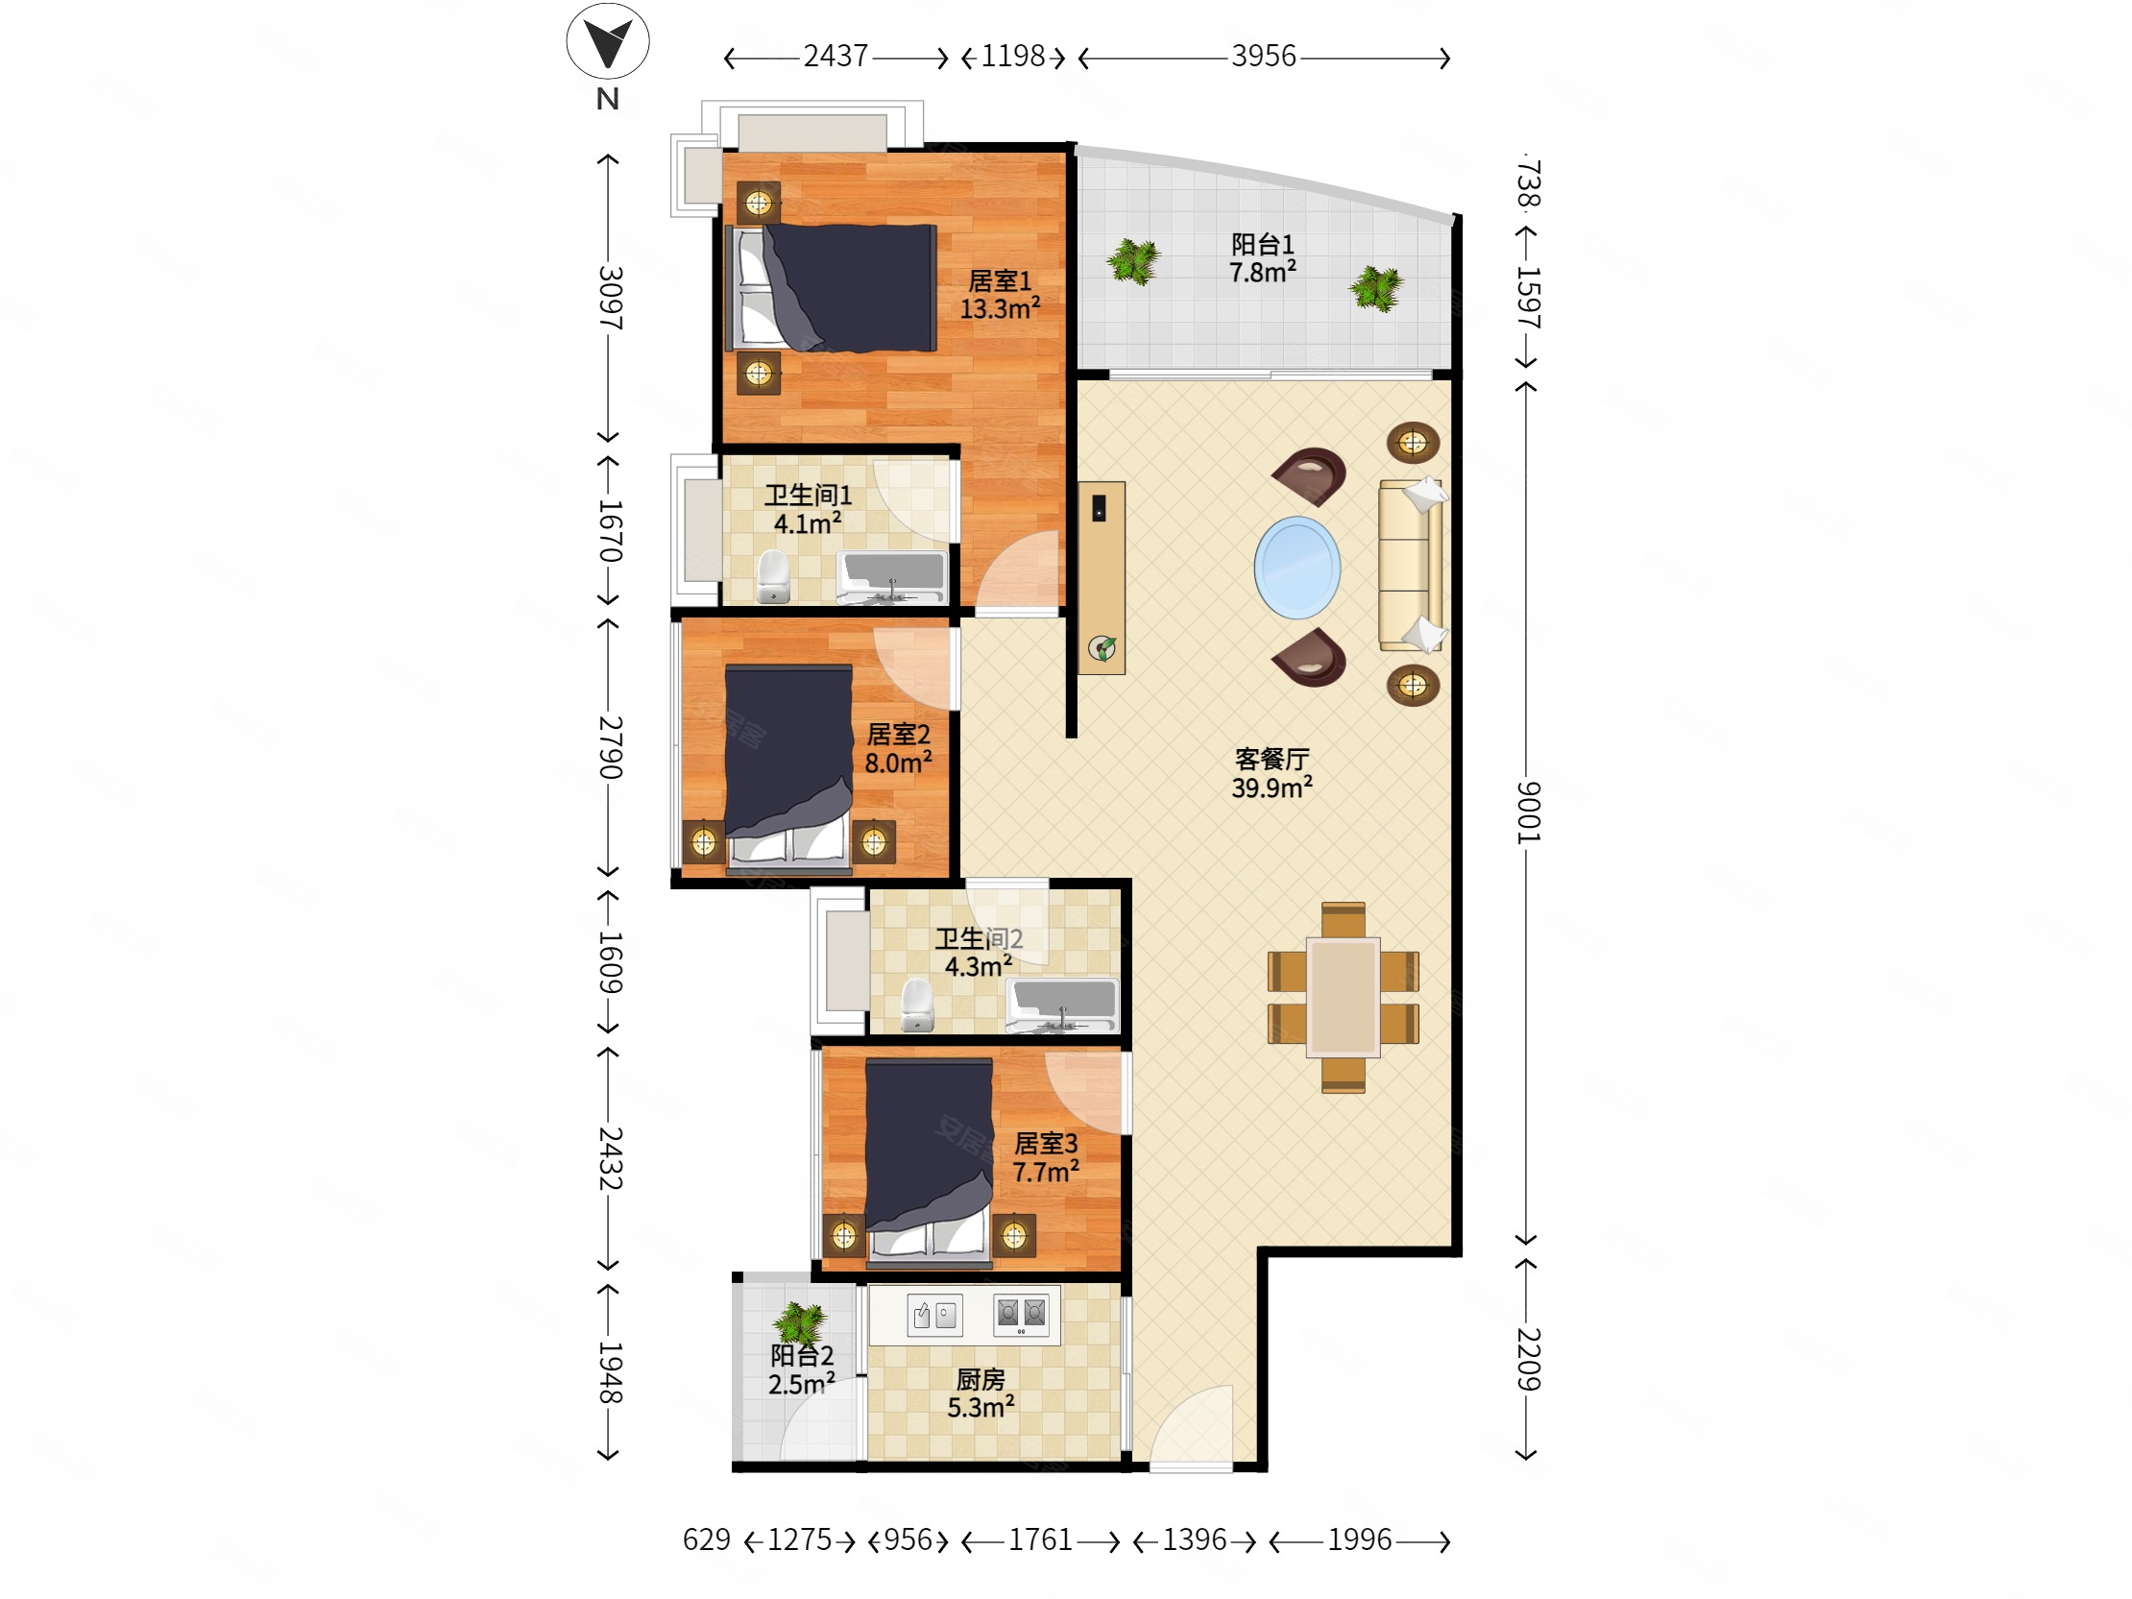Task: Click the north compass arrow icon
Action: click(607, 41)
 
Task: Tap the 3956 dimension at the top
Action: click(1264, 57)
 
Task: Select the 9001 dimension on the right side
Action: click(1528, 812)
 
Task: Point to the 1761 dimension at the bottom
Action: click(1040, 1539)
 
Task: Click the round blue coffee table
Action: click(1296, 568)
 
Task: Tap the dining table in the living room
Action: click(1343, 998)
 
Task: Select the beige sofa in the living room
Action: click(1411, 565)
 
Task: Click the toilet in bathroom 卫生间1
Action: click(773, 576)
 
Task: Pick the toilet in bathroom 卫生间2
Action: click(916, 1005)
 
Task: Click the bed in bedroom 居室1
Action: click(831, 287)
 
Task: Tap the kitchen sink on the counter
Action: click(934, 1315)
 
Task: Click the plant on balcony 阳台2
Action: click(799, 1323)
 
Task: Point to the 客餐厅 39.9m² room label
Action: click(1272, 773)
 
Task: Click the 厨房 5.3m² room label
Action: click(981, 1393)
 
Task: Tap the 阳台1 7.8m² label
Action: click(1262, 257)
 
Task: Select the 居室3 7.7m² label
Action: click(1045, 1157)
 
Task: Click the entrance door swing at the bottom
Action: click(1192, 1427)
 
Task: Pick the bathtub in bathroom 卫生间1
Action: click(892, 576)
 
